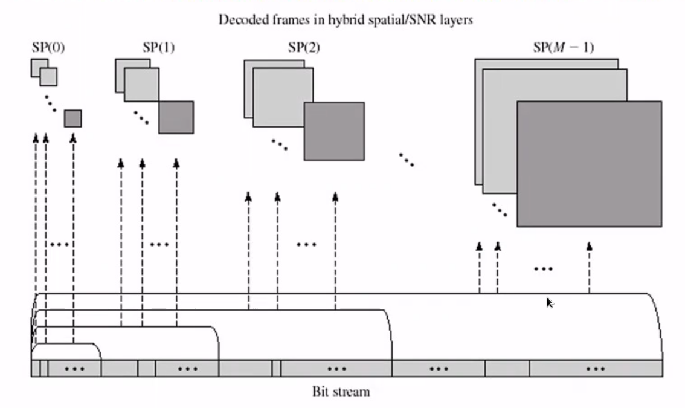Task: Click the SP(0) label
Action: coord(48,48)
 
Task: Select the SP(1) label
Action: coord(159,48)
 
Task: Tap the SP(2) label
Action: coord(303,48)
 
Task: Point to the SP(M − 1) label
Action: coord(563,47)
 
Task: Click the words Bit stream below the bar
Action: coord(341,392)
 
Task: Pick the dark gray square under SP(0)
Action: coord(72,118)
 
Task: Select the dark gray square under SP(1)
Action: coord(176,117)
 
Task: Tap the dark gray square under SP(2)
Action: coord(333,131)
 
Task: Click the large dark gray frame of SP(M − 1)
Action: coord(589,164)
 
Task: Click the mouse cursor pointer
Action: coord(550,302)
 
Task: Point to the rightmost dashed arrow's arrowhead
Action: coord(589,246)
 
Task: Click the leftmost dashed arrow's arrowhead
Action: coord(36,138)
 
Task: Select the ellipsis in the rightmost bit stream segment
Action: coord(595,368)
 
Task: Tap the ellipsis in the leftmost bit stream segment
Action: coord(74,368)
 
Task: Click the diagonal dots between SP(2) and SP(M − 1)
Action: coord(406,160)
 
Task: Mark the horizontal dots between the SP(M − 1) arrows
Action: coord(543,268)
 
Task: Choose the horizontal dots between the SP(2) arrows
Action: coord(306,244)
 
